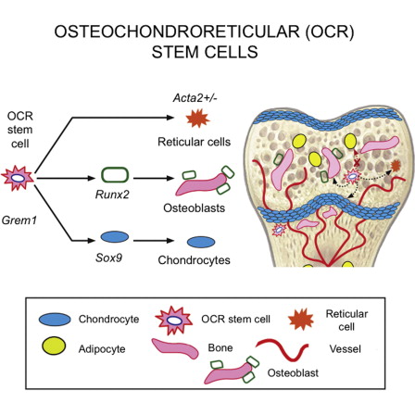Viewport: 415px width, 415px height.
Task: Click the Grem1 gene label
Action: [19, 220]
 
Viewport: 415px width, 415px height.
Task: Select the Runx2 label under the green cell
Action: [112, 195]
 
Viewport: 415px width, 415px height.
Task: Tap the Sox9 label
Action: [108, 258]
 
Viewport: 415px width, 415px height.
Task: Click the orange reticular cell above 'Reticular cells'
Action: [197, 119]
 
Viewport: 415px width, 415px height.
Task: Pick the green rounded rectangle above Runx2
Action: [115, 174]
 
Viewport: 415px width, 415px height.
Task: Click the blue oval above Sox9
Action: [115, 237]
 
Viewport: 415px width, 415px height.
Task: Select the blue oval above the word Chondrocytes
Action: [201, 242]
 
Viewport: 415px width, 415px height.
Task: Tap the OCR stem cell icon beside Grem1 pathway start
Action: [18, 178]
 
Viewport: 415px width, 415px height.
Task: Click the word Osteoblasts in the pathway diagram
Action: [194, 207]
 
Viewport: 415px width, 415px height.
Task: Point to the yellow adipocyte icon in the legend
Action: [54, 346]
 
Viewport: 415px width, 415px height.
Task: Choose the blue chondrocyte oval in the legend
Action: [55, 320]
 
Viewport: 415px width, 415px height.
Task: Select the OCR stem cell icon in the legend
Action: [174, 321]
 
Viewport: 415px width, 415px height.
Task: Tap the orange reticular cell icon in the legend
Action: [301, 320]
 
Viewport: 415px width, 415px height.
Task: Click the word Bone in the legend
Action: [220, 347]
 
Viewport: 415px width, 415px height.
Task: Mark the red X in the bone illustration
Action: [358, 163]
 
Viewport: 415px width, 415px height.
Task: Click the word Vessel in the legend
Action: [345, 349]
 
